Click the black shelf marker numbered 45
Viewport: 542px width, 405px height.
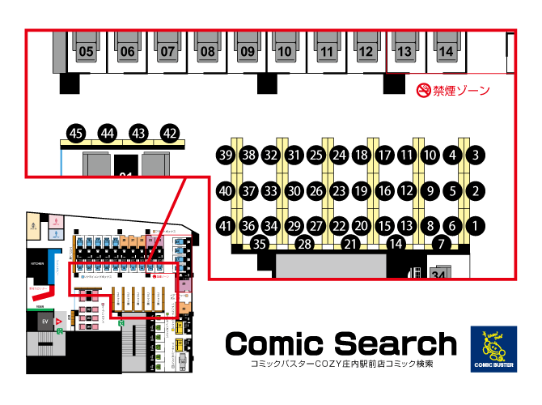[x=77, y=133]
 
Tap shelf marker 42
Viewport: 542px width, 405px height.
[x=170, y=133]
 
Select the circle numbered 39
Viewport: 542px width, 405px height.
[x=226, y=155]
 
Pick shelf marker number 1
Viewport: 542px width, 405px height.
[x=477, y=226]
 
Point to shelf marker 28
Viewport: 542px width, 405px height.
[x=305, y=243]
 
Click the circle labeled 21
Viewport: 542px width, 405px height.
[x=350, y=243]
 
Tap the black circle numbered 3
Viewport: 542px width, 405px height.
[x=477, y=155]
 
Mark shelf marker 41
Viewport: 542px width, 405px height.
[x=226, y=226]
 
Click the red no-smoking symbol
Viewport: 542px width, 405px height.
[x=422, y=90]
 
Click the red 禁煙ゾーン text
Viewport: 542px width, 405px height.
[x=461, y=90]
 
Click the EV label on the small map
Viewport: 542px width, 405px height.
[x=46, y=322]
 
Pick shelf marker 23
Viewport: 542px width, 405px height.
[x=340, y=191]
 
